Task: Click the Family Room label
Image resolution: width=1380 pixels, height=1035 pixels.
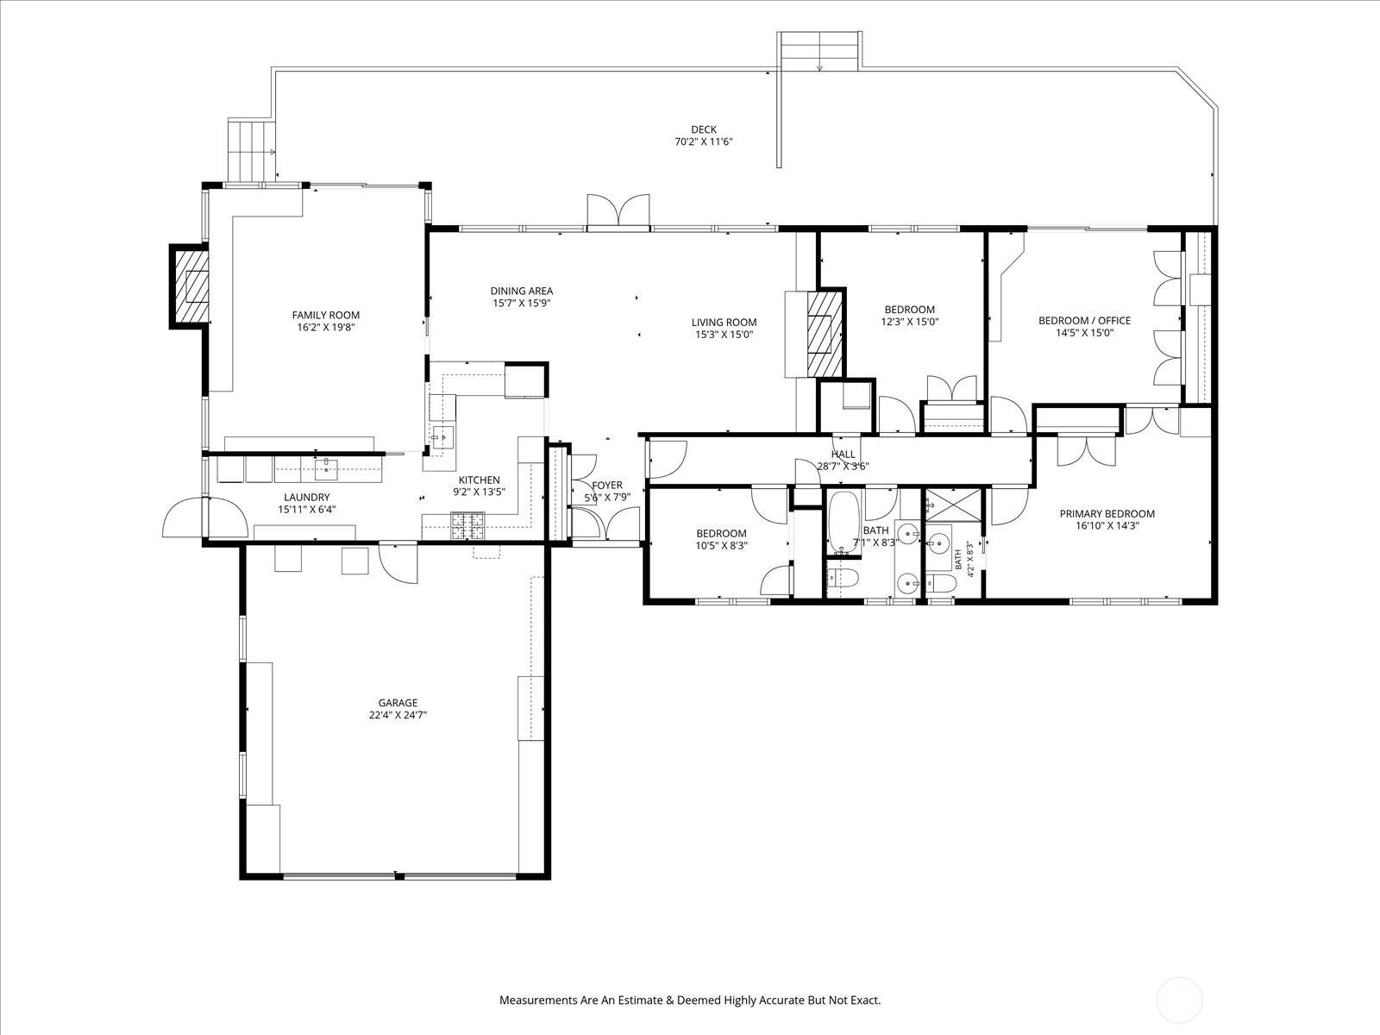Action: [326, 316]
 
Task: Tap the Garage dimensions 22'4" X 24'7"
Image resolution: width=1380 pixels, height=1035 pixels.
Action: [398, 715]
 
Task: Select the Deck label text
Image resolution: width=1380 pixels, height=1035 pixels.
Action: [704, 130]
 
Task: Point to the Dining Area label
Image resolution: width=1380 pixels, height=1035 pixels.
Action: [522, 291]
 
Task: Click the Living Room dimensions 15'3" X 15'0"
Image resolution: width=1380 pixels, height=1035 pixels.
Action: [724, 335]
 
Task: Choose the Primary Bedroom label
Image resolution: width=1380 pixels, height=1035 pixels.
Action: [1107, 514]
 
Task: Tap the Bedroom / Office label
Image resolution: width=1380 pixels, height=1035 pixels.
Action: [1084, 321]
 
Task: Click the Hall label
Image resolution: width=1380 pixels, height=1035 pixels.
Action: [843, 455]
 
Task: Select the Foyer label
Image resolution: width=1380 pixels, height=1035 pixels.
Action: [607, 485]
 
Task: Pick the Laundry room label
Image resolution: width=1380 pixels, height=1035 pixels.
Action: [307, 497]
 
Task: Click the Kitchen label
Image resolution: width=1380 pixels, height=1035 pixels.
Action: [479, 480]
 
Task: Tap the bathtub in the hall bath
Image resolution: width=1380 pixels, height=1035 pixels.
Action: [844, 523]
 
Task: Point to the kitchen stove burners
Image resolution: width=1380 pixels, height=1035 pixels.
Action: [467, 527]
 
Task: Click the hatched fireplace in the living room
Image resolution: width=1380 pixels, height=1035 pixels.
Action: [825, 335]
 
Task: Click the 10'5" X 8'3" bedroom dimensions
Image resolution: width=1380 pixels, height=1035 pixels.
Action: [721, 546]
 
